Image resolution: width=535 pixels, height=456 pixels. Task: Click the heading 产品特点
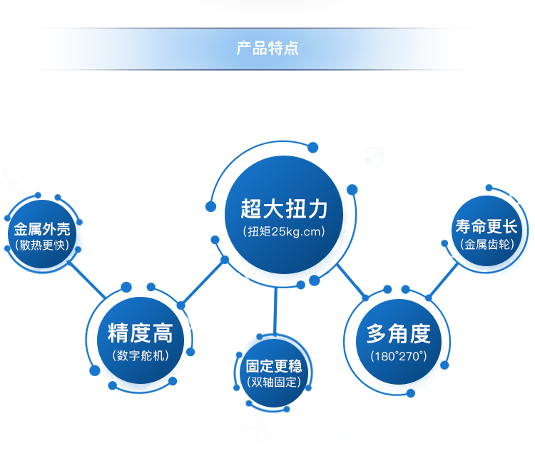click(x=267, y=49)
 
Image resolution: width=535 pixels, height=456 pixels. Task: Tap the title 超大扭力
click(x=284, y=209)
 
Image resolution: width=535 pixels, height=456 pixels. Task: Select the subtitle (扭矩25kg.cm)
click(x=284, y=232)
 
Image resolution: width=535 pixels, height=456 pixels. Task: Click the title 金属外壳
click(x=42, y=230)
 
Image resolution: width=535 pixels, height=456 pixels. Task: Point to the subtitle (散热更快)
click(x=42, y=245)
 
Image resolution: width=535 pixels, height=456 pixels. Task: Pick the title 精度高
click(x=141, y=333)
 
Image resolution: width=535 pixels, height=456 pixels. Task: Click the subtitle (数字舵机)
click(x=141, y=355)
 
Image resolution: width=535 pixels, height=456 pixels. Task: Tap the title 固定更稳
click(x=274, y=366)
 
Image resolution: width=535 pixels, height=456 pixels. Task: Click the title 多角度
click(x=399, y=333)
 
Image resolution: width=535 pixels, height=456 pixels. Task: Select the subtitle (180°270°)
click(x=399, y=355)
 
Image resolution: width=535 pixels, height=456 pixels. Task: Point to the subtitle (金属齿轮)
click(x=486, y=244)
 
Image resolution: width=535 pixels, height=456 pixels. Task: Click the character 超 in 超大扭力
click(x=252, y=209)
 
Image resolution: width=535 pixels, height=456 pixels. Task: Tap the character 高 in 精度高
click(x=163, y=333)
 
